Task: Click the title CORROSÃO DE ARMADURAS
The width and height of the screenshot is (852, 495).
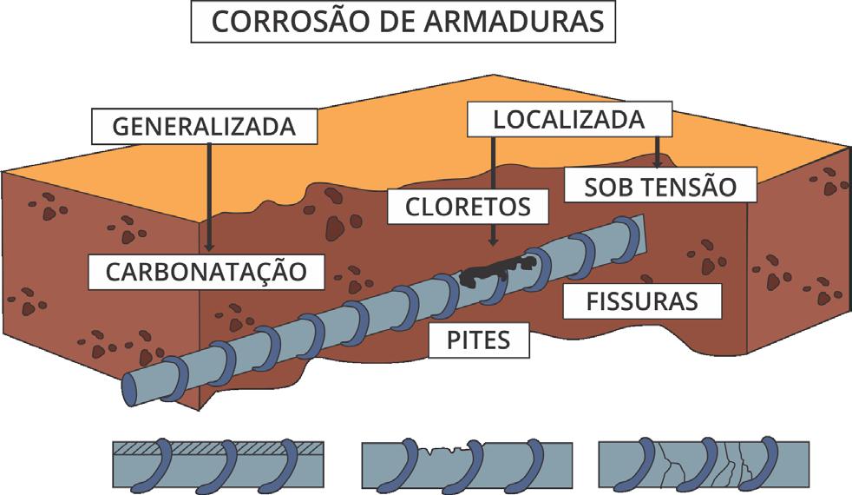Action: (x=403, y=23)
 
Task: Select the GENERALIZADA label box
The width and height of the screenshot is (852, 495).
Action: (x=204, y=127)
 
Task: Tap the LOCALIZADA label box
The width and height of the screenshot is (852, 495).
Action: (x=569, y=120)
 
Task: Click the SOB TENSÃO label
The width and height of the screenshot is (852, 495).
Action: (x=659, y=186)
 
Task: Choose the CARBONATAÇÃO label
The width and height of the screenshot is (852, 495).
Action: (x=206, y=271)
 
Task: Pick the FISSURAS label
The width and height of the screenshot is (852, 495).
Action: (x=643, y=302)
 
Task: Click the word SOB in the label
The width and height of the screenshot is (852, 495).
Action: (x=606, y=186)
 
